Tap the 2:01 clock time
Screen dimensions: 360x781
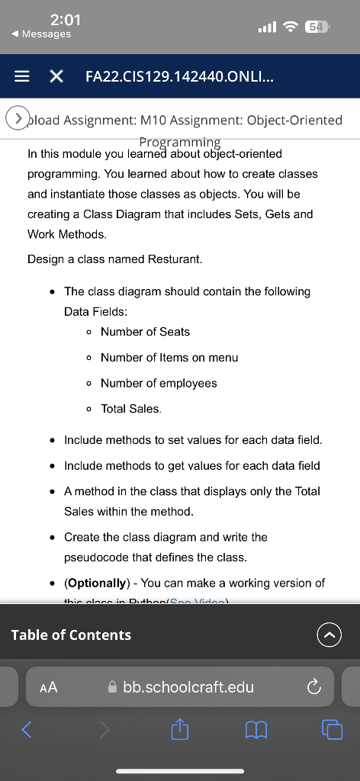click(65, 19)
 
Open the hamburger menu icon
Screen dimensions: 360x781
click(23, 76)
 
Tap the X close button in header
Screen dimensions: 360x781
click(56, 76)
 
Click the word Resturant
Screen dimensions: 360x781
click(177, 259)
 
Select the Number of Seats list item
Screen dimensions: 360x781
click(145, 332)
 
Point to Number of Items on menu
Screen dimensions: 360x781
click(169, 358)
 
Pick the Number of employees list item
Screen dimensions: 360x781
click(159, 383)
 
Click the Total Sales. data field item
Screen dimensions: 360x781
click(130, 409)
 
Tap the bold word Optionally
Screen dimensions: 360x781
click(96, 583)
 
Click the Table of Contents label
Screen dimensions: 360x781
click(71, 635)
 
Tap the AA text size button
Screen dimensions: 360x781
click(48, 687)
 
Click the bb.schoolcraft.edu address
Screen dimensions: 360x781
click(188, 687)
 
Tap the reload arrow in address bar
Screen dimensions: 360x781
click(313, 687)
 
